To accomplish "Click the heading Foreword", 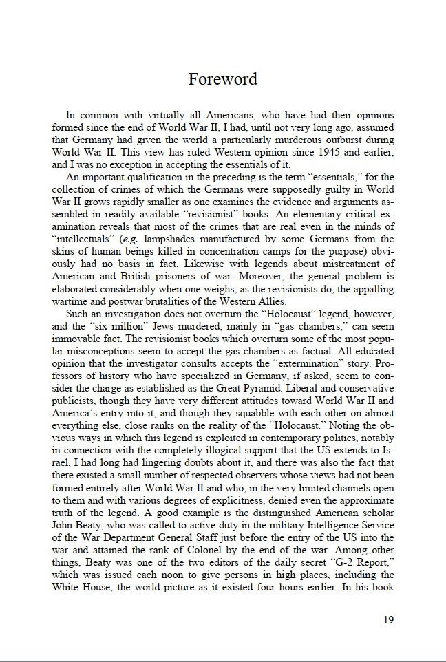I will click(x=222, y=79).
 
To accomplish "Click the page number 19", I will click(x=388, y=619).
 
